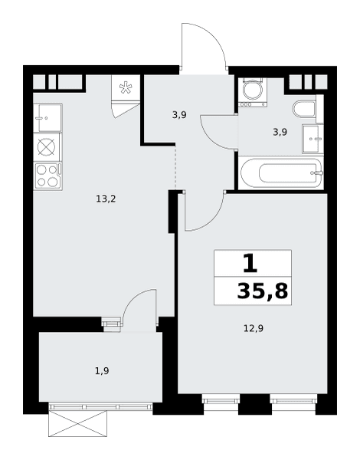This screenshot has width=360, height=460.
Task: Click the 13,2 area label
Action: [x=106, y=199]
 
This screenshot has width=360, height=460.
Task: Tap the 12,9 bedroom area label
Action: [x=254, y=328]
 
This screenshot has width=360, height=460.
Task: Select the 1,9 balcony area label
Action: [x=102, y=371]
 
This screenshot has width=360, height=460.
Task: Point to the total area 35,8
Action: [x=263, y=291]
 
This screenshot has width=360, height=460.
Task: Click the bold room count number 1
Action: [x=250, y=263]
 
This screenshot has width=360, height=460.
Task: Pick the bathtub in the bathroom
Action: [x=281, y=172]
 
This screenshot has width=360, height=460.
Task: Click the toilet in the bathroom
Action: [x=304, y=109]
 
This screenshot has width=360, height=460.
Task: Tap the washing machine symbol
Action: [x=253, y=92]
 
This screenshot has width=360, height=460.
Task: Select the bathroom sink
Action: [x=313, y=139]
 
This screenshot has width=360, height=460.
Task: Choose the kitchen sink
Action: [x=47, y=118]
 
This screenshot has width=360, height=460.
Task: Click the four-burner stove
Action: [x=47, y=176]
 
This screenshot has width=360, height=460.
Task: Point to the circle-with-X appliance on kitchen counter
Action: [x=47, y=147]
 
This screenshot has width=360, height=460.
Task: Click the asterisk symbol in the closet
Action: [x=126, y=87]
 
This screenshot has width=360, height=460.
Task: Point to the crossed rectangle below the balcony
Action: [x=77, y=423]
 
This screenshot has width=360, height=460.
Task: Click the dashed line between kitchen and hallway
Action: [x=175, y=168]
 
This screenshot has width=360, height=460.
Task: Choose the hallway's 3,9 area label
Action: [x=179, y=115]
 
